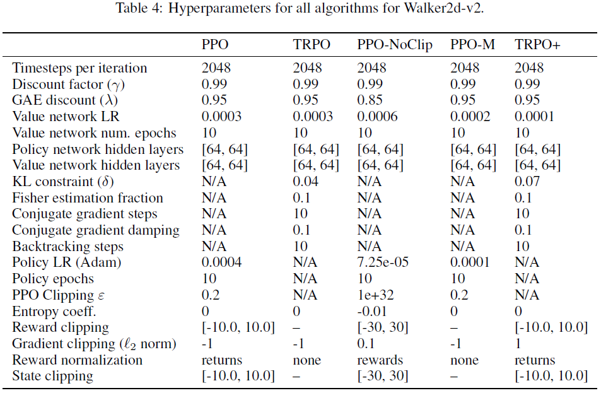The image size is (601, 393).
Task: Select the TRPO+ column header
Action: [x=538, y=45]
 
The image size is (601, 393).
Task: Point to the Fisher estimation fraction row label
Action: [x=88, y=198]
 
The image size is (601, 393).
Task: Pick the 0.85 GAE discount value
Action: [x=370, y=100]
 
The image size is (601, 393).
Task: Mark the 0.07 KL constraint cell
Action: [x=527, y=182]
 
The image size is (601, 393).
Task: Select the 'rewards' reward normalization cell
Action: [x=380, y=360]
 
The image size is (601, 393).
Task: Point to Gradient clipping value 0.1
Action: [x=366, y=344]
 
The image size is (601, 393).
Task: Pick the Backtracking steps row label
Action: [x=68, y=247]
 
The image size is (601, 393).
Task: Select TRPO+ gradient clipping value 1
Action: [x=518, y=344]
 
